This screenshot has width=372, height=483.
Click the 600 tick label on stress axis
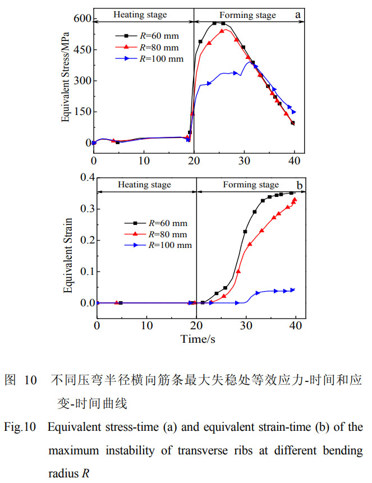pyautogui.click(x=81, y=19)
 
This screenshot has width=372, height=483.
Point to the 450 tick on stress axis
pyautogui.click(x=81, y=50)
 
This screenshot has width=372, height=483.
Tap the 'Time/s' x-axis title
pyautogui.click(x=198, y=339)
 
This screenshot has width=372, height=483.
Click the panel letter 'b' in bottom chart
pyautogui.click(x=300, y=185)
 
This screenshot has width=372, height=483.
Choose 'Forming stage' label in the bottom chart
pyautogui.click(x=250, y=185)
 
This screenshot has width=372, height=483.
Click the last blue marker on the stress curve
pyautogui.click(x=293, y=112)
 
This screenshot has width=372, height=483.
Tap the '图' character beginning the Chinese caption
pyautogui.click(x=10, y=379)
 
